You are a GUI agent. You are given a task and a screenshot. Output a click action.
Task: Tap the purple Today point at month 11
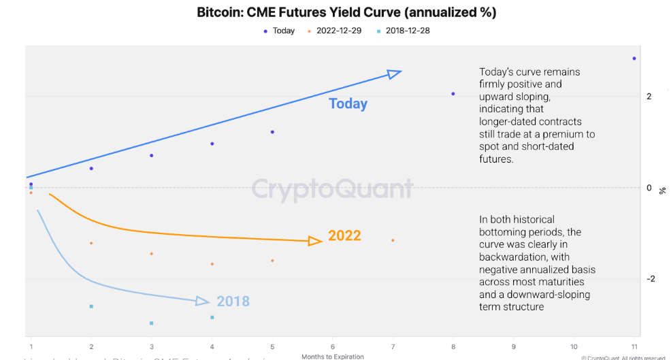pos(634,59)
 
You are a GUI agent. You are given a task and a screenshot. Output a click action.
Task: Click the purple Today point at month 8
pos(453,94)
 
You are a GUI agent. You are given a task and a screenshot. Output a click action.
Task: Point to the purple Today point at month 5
pos(272,132)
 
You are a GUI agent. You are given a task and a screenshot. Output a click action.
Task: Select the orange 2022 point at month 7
pos(393,240)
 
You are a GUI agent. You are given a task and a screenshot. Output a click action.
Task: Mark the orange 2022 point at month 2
pos(91,243)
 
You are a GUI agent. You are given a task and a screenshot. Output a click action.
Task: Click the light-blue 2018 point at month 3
pos(151,323)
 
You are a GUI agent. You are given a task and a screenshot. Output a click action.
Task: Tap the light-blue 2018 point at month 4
pos(212,317)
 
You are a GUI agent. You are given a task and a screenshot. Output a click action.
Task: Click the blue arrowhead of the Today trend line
pos(394,73)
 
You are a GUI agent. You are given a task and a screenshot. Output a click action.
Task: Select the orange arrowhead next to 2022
pos(315,240)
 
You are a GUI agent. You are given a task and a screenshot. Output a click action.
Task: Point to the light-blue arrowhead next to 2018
pos(203,301)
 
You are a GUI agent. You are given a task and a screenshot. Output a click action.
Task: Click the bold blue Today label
pos(348,104)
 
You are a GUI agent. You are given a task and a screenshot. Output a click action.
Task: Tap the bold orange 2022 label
pos(344,236)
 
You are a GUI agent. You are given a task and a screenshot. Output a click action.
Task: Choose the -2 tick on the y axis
pos(649,278)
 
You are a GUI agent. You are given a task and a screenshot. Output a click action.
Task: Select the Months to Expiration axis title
pos(333,356)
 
